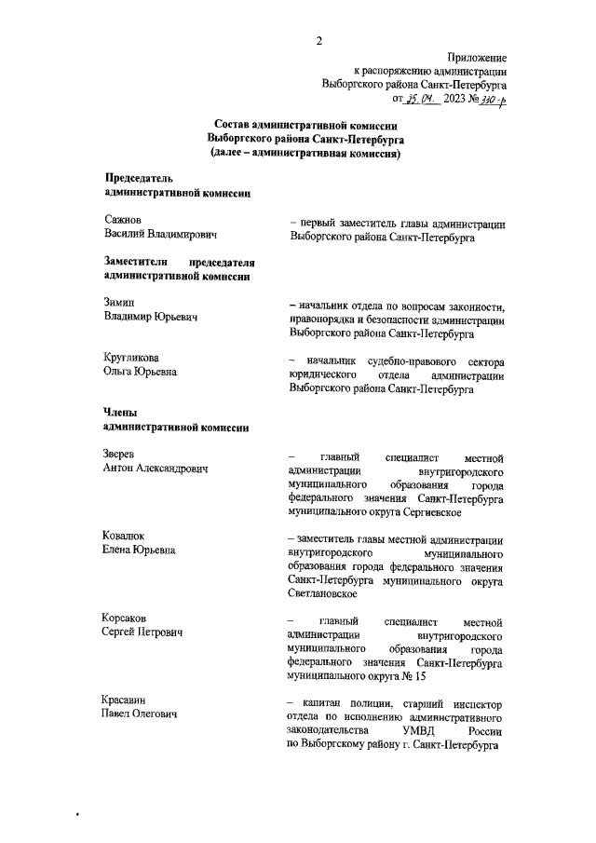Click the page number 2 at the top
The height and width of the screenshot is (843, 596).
[318, 40]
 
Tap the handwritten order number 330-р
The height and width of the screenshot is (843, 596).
[489, 98]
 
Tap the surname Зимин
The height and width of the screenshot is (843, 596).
[119, 303]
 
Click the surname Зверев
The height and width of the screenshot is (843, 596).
[120, 454]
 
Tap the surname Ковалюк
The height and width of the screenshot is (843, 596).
[128, 536]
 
